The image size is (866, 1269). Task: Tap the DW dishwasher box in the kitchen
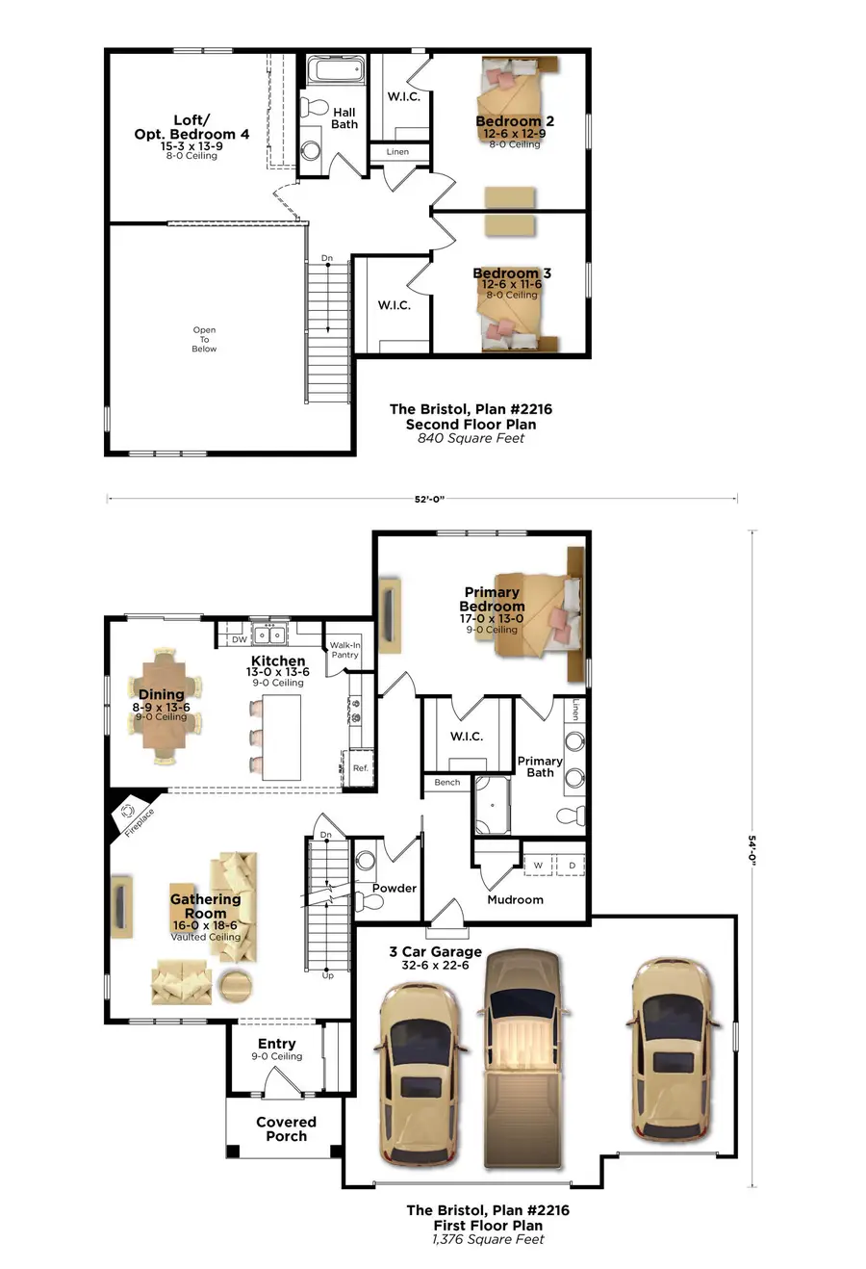(x=239, y=639)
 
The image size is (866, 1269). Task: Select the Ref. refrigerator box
(x=360, y=767)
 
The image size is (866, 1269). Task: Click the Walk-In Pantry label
(x=344, y=650)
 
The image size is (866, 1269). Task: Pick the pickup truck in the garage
(x=521, y=1054)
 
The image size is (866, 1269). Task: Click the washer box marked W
(x=538, y=865)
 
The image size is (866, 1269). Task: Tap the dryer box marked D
(x=571, y=865)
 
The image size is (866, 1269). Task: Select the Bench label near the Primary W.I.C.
(x=446, y=783)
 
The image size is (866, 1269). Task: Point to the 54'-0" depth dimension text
(x=752, y=852)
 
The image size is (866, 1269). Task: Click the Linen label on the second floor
(x=397, y=152)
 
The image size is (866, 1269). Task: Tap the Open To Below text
(x=204, y=339)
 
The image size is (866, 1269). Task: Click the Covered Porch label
(x=286, y=1128)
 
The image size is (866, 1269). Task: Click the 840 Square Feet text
(x=471, y=438)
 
